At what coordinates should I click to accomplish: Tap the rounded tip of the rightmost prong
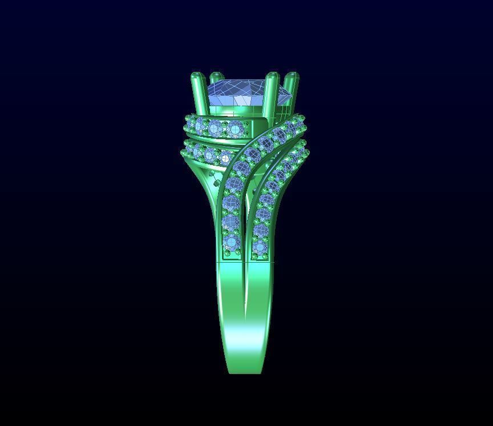[x=292, y=75]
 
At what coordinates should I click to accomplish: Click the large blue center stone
[x=243, y=91]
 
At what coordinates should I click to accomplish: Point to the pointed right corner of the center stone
[x=292, y=95]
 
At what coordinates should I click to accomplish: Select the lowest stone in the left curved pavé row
[x=231, y=243]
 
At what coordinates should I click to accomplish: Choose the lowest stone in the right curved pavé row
[x=260, y=247]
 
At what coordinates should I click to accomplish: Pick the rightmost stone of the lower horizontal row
[x=225, y=158]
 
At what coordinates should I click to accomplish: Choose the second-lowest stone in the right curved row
[x=261, y=231]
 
